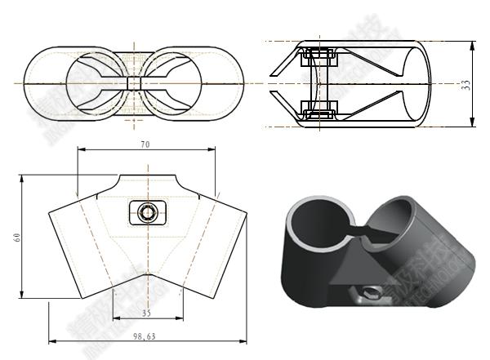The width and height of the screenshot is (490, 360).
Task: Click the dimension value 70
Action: pyautogui.click(x=145, y=144)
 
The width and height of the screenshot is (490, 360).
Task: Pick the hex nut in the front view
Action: pyautogui.click(x=147, y=213)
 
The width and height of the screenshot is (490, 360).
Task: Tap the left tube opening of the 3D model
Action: pyautogui.click(x=320, y=225)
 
